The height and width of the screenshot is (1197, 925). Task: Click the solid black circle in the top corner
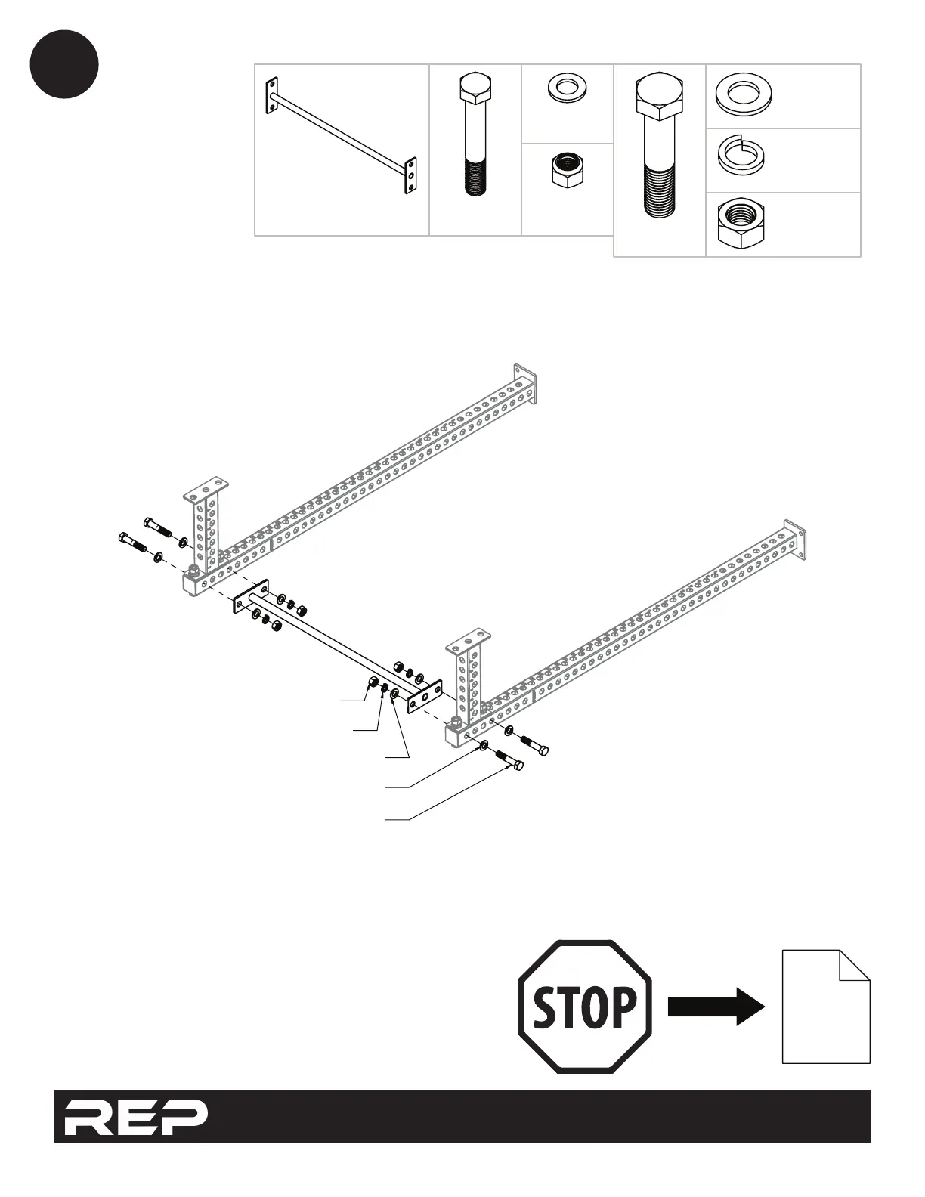coord(64,64)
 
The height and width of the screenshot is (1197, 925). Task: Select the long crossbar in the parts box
coord(341,136)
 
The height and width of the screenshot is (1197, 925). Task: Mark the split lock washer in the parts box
coord(738,156)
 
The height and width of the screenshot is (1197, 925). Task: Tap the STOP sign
coord(584,1007)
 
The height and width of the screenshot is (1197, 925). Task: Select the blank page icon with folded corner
coord(825,1007)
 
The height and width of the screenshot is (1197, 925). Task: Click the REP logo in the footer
coord(135,1116)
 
